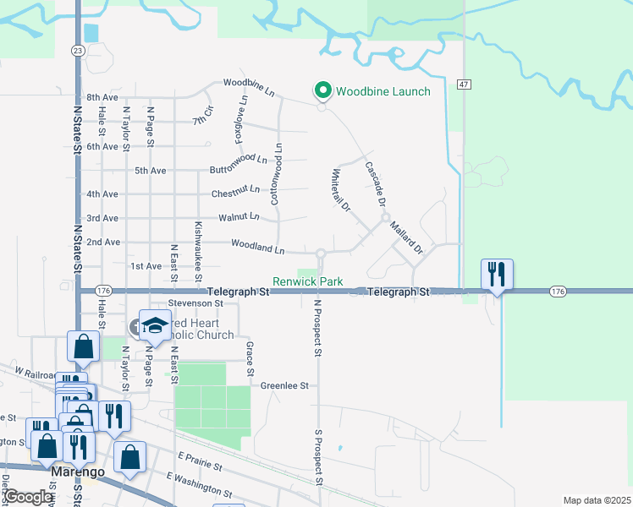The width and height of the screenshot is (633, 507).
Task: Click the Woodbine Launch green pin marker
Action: [x=322, y=90]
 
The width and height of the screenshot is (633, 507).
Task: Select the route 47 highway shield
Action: [x=464, y=84]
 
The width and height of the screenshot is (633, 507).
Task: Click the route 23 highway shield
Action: [x=78, y=51]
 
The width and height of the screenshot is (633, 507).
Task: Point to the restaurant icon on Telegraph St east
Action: [x=495, y=274]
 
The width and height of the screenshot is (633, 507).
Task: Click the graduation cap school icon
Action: [x=155, y=324]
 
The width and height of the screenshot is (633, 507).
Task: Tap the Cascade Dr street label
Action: [x=376, y=184]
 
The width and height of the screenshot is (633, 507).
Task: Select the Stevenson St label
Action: [x=195, y=303]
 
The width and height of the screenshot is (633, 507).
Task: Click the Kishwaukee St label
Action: [x=199, y=251]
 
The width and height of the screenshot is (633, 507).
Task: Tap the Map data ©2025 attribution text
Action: [x=597, y=500]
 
